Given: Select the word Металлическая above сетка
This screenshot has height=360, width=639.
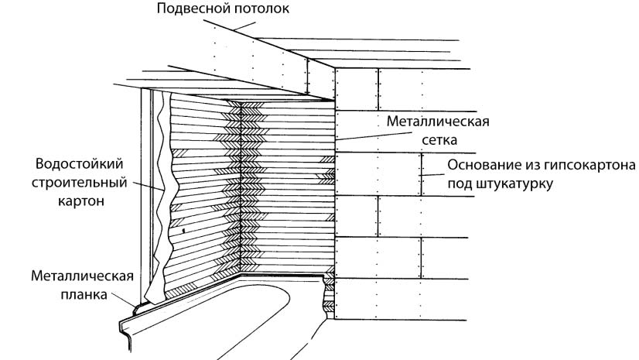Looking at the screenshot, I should pos(437,123).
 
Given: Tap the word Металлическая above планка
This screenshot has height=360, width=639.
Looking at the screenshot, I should pos(83,276).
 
